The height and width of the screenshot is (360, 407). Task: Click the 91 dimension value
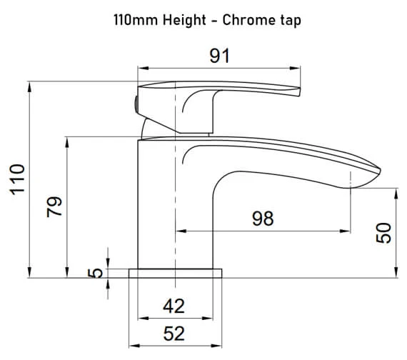219,56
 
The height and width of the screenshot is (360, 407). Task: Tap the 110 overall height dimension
19,180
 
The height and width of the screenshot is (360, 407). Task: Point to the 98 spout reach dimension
263,219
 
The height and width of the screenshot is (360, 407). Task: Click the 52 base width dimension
174,333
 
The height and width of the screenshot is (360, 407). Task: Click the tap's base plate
175,273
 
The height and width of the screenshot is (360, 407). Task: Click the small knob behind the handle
134,101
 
